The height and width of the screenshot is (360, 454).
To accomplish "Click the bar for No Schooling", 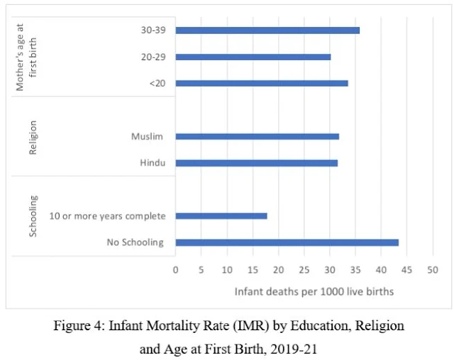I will [287, 242].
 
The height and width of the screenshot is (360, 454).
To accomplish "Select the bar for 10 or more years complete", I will [221, 215].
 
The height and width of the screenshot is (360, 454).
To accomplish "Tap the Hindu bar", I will [256, 163].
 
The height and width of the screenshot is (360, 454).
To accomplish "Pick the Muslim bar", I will [257, 136].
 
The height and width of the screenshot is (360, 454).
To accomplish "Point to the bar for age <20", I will [261, 83].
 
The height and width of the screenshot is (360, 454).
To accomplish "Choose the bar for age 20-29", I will [253, 57].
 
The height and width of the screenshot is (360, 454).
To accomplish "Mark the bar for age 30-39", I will [267, 30].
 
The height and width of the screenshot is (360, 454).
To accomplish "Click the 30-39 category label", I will [153, 30].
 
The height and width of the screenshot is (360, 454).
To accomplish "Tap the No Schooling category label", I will [135, 242].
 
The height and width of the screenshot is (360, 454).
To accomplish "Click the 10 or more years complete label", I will [107, 215].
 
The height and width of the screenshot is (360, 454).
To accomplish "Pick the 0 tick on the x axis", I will [176, 270].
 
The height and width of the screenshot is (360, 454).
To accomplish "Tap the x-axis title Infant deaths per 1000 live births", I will [314, 291].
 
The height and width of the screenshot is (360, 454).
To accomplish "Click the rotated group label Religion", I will [33, 137].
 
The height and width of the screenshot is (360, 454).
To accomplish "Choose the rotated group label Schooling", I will [33, 215].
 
